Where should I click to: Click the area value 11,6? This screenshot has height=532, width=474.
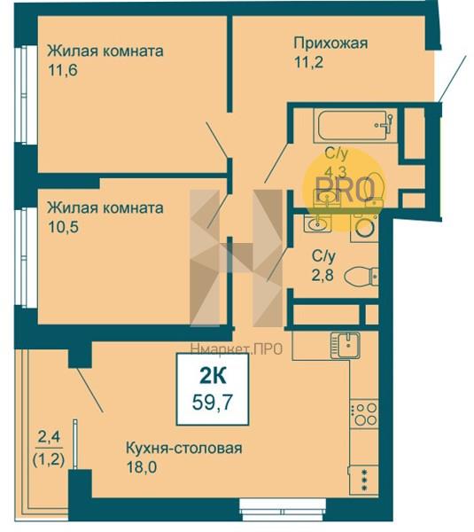(63, 70)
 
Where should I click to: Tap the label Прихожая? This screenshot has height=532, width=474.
(330, 43)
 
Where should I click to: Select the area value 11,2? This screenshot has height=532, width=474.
(308, 62)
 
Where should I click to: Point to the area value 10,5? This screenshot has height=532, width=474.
(64, 227)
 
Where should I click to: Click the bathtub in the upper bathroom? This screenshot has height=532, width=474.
(355, 125)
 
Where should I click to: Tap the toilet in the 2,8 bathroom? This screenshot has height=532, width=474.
(361, 276)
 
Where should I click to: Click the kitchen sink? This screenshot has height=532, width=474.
(346, 345)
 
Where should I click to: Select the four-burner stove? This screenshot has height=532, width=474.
(364, 413)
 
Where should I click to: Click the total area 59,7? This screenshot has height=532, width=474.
(213, 403)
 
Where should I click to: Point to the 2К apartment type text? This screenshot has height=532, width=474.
(213, 376)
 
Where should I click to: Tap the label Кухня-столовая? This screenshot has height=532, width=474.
(184, 448)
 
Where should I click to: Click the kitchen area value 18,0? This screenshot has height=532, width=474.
(142, 467)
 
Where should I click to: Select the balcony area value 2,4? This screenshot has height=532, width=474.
(49, 436)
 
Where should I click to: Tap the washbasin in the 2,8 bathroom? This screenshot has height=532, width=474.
(317, 224)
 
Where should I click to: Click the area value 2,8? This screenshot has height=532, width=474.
(322, 275)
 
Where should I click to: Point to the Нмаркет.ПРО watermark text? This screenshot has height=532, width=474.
(237, 348)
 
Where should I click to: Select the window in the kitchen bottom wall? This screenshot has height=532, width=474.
(283, 508)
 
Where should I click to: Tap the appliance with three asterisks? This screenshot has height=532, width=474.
(364, 480)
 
